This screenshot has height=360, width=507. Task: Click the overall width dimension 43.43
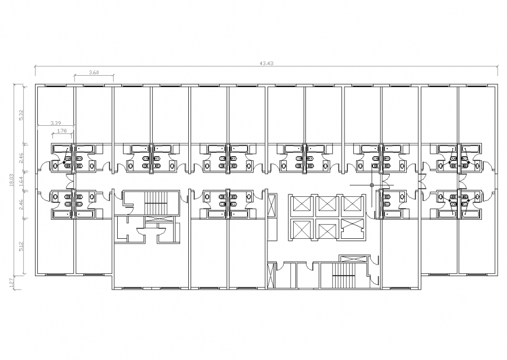click(266, 63)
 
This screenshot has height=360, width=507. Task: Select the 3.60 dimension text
click(93, 72)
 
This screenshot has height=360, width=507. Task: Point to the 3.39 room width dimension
click(56, 123)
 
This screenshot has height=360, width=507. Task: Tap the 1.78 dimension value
click(63, 130)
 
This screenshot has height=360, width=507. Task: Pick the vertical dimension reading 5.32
click(21, 114)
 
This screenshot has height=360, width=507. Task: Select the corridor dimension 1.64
click(21, 181)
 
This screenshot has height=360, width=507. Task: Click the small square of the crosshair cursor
click(371, 185)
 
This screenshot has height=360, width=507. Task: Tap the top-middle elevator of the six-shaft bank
click(327, 205)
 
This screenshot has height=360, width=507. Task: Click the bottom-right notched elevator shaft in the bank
click(353, 228)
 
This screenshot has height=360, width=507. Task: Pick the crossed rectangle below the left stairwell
click(158, 218)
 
